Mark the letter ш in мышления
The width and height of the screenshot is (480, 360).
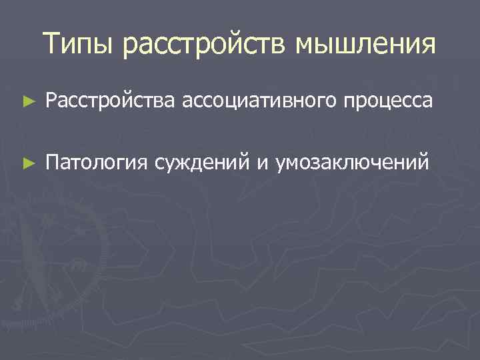(343, 46)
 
